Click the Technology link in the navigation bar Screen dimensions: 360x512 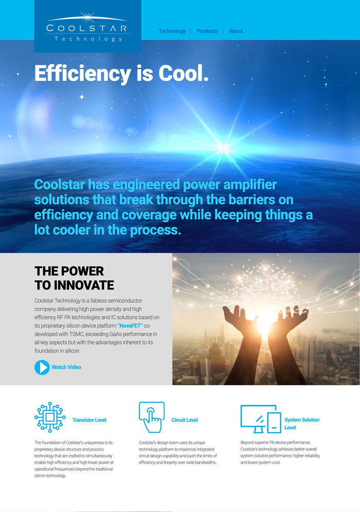pyautogui.click(x=172, y=31)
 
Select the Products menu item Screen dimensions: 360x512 pyautogui.click(x=207, y=31)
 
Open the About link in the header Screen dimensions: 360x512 pyautogui.click(x=236, y=31)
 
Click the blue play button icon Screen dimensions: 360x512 pyautogui.click(x=42, y=367)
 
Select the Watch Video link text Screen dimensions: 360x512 pyautogui.click(x=67, y=367)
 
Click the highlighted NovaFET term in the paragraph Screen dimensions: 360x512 pyautogui.click(x=130, y=325)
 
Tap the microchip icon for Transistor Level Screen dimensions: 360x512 pyautogui.click(x=50, y=417)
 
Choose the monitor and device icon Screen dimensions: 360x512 pyautogui.click(x=260, y=419)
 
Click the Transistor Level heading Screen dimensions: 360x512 pyautogui.click(x=89, y=420)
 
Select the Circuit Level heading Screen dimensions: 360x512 pyautogui.click(x=185, y=420)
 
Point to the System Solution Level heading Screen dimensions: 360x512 pyautogui.click(x=302, y=423)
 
